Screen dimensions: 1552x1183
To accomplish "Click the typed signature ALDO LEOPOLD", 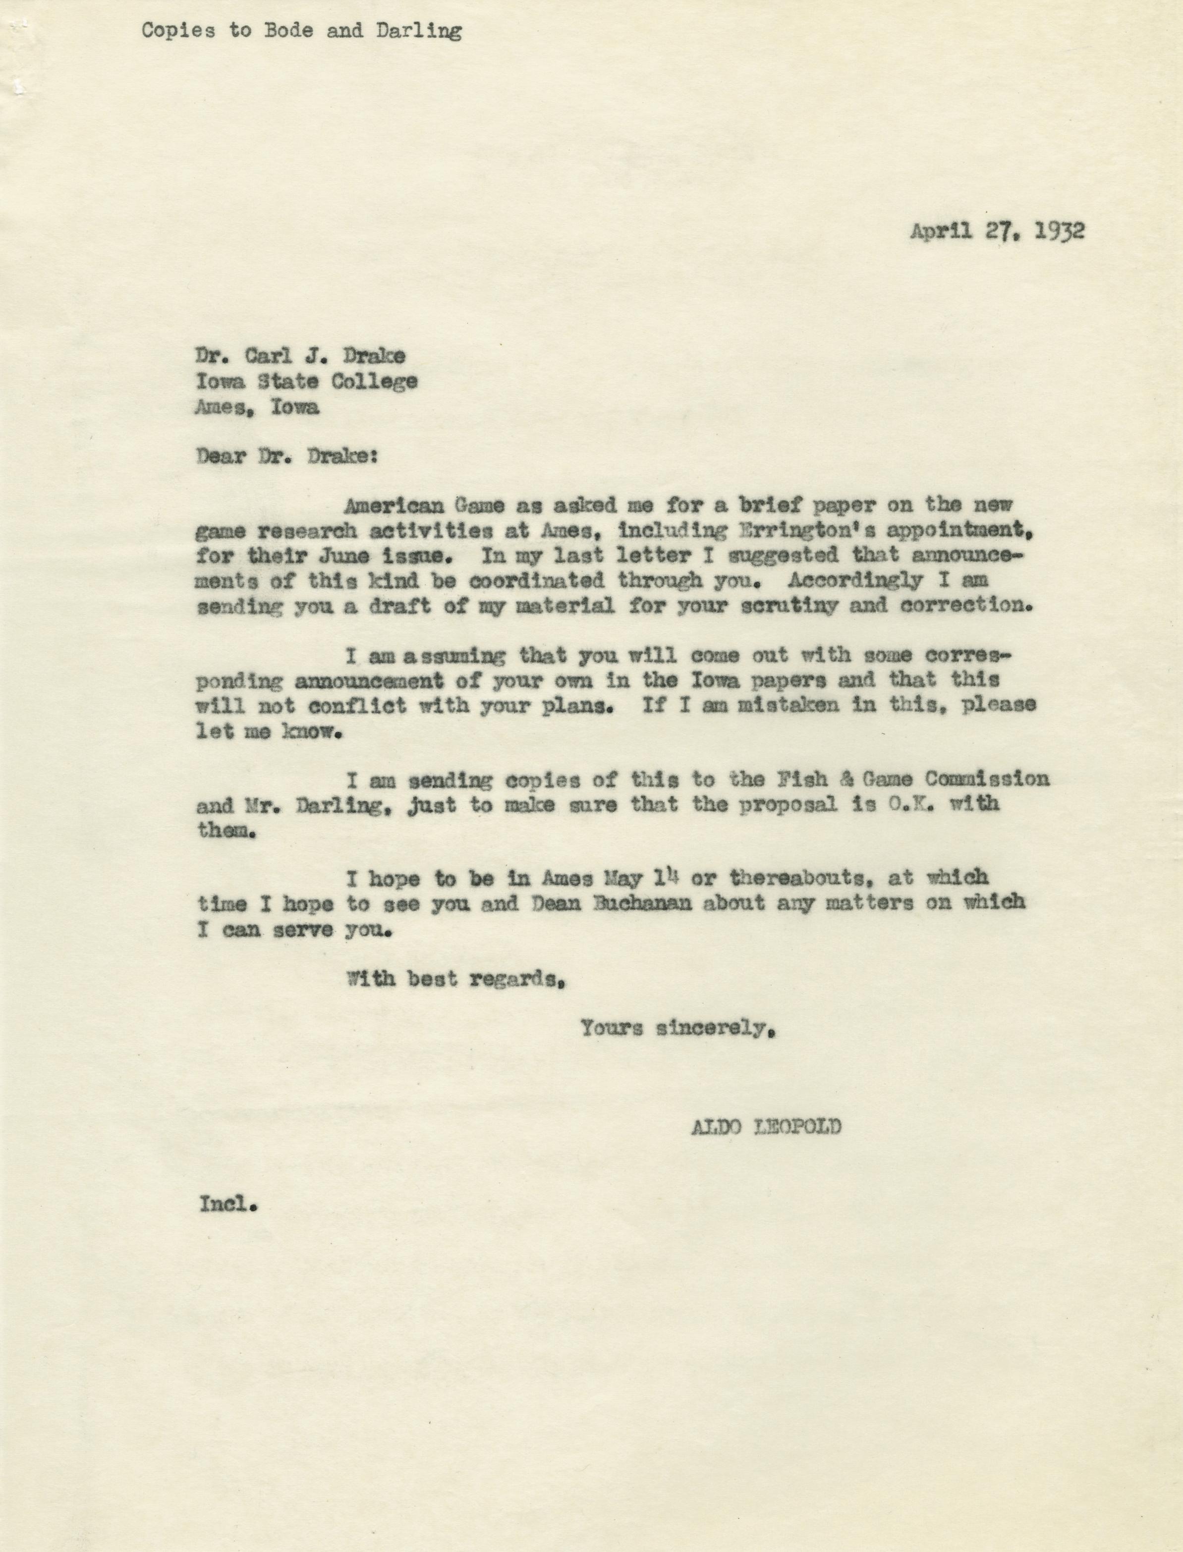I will coord(765,1127).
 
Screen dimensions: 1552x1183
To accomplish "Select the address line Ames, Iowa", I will coord(257,407).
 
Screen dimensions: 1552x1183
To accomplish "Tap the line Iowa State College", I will coord(306,382).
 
